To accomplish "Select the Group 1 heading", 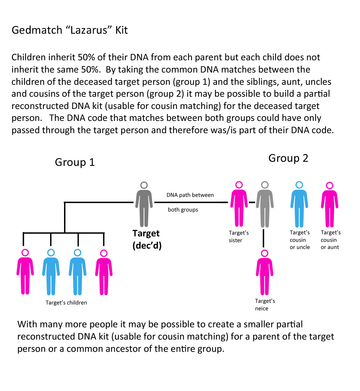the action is click(75, 162).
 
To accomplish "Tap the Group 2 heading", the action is click(288, 158).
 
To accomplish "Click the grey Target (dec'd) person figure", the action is click(144, 204).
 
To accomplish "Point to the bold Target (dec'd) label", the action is click(147, 239).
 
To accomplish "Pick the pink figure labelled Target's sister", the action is click(239, 204).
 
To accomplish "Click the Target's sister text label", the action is click(239, 236).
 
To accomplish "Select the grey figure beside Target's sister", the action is click(265, 204).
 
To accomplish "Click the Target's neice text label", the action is click(265, 304).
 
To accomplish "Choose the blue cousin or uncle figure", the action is click(299, 204).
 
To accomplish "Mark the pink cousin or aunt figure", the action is click(330, 204).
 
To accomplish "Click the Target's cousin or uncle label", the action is click(300, 240).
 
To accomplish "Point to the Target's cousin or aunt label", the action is click(331, 240).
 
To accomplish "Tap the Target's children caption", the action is click(66, 302).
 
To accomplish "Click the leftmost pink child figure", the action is click(25, 272).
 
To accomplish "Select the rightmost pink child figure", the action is click(104, 272).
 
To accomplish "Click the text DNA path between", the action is click(190, 195).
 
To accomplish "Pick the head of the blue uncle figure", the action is click(299, 185).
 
